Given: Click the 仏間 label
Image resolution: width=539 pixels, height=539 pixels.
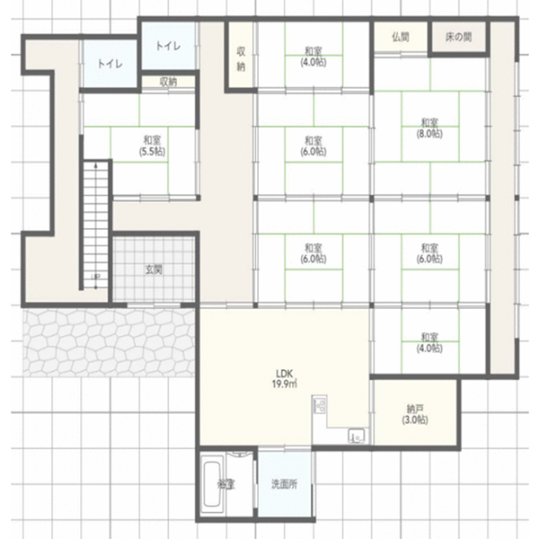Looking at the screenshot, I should coord(401,38).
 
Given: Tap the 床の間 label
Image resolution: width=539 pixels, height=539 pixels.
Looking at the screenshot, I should coord(458,38).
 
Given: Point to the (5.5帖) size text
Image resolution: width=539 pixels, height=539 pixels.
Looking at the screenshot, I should coord(152,152).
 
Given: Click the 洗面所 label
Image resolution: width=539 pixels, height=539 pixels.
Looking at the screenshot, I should coord(285,484).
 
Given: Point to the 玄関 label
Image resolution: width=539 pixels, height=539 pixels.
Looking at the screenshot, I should coord(154,269).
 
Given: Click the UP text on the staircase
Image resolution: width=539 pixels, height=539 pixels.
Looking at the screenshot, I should coord(95,277).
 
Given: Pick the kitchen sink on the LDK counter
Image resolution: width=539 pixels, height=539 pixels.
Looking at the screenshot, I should coord(357,437).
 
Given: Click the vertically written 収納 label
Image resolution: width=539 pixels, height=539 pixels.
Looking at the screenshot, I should coord(241,59).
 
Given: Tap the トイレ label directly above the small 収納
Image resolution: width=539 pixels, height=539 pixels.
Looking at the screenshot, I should coord(167,46).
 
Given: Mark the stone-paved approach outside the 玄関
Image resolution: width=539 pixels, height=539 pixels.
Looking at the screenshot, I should coord(108,341).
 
